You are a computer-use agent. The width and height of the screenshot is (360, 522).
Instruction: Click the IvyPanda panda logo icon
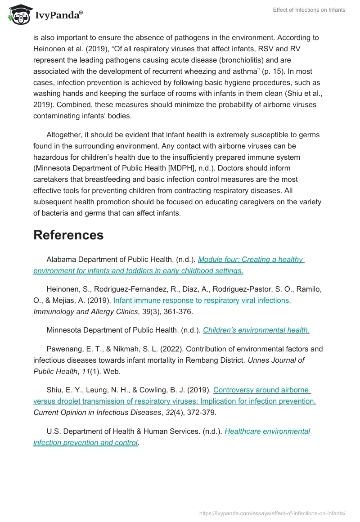click(x=19, y=15)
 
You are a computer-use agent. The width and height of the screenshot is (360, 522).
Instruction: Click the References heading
click(x=68, y=235)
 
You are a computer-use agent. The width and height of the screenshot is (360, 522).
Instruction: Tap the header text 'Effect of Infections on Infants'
click(x=309, y=10)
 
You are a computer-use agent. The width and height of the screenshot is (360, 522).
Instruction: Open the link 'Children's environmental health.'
click(x=256, y=330)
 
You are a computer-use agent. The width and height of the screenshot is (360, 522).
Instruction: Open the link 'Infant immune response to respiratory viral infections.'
click(x=202, y=300)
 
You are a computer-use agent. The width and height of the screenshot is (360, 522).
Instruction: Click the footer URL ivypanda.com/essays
click(x=272, y=513)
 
